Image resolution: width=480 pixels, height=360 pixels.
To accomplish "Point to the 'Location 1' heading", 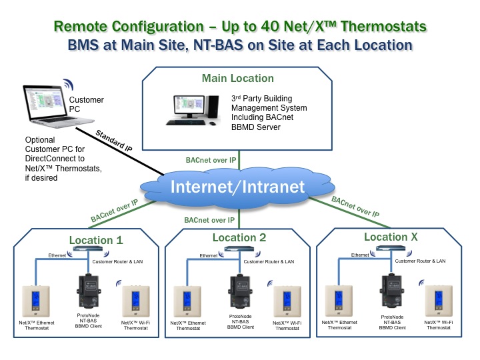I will click(x=95, y=240).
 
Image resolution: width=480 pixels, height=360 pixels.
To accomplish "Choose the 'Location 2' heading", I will click(x=239, y=238).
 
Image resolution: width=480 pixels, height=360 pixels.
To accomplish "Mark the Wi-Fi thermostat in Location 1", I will click(x=136, y=299).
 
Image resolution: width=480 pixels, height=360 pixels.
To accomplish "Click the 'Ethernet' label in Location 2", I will click(x=208, y=256).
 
